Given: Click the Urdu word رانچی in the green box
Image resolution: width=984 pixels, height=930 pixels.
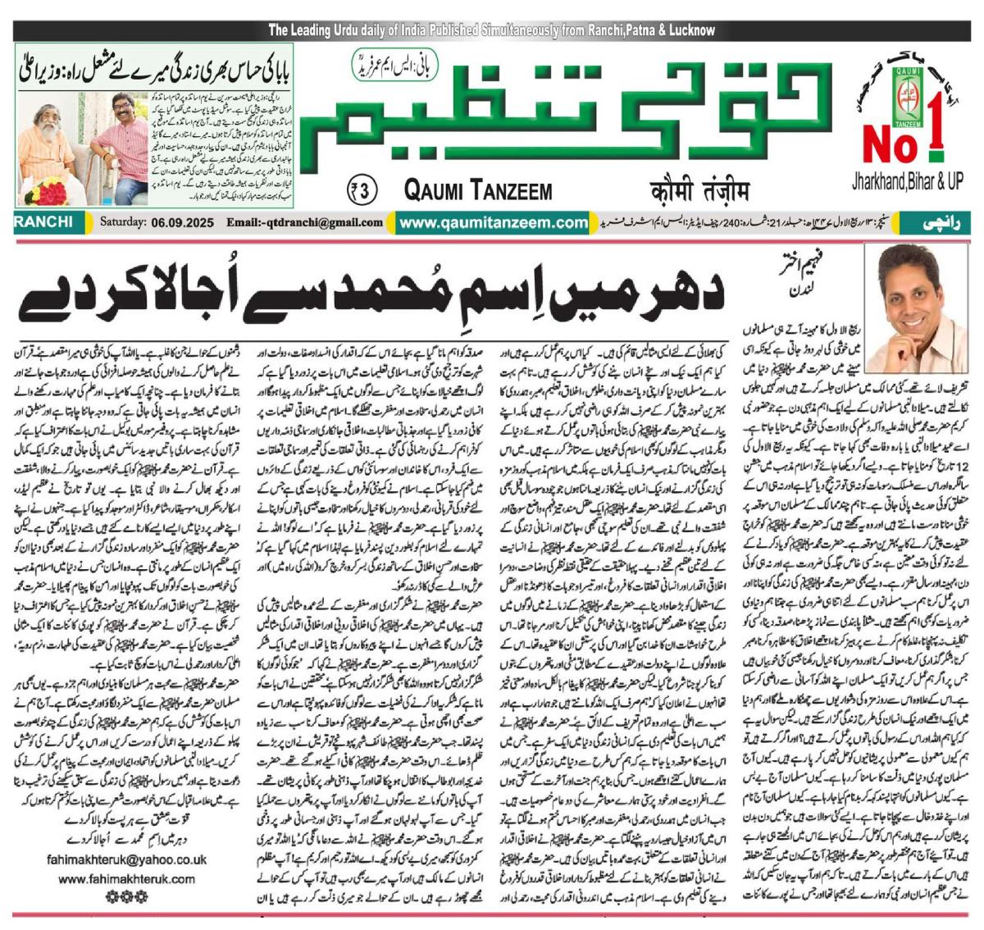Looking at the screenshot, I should [937, 222].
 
